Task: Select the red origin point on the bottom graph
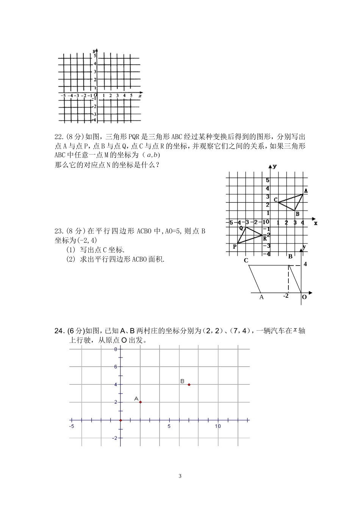121,420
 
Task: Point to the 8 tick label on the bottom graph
116,349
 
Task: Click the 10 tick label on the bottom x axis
218,426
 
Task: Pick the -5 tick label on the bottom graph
72,426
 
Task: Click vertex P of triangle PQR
235,247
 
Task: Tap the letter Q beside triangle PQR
241,228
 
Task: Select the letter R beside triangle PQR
265,238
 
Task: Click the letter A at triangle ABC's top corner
306,191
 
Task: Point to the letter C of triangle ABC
275,200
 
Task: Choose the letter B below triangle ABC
297,214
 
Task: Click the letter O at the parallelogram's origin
304,297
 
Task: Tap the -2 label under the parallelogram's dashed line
286,296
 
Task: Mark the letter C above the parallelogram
246,261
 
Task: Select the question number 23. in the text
59,231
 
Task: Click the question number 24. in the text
60,331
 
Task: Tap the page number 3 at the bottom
180,476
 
